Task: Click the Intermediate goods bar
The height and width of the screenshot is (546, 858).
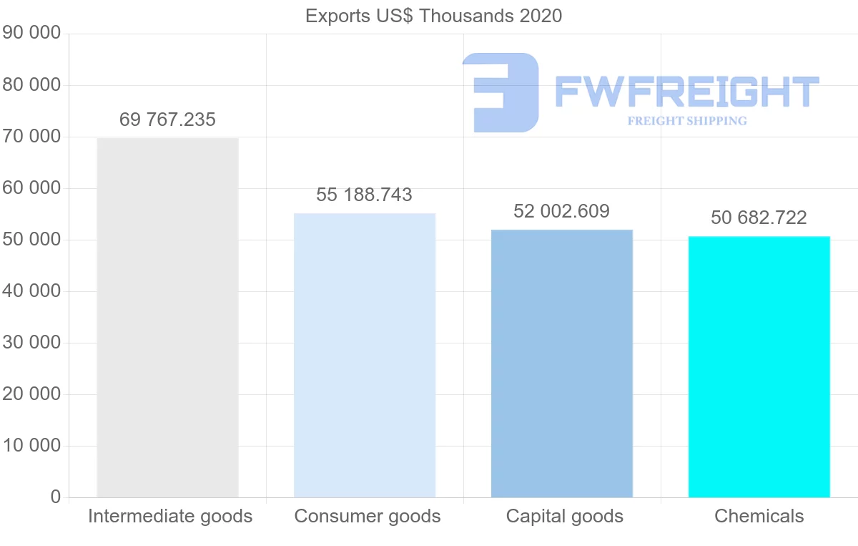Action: click(x=167, y=318)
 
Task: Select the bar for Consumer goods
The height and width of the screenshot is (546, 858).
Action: click(x=365, y=355)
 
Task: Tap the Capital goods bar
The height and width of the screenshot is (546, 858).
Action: click(x=562, y=364)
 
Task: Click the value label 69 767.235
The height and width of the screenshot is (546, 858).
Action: click(x=167, y=120)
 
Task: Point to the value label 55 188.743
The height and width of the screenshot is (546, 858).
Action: click(x=365, y=195)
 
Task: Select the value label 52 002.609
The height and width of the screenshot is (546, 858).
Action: click(x=562, y=211)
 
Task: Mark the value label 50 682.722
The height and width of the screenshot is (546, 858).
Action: click(x=759, y=218)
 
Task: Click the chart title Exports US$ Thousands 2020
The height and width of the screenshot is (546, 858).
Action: click(x=433, y=16)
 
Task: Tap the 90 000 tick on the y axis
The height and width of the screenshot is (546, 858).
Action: click(x=31, y=34)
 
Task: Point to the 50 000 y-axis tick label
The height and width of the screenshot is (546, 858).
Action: click(x=31, y=240)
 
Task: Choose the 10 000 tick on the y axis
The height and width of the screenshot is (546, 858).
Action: click(x=31, y=446)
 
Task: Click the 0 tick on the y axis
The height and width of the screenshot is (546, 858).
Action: click(x=56, y=497)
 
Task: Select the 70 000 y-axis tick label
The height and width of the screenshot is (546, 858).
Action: click(x=31, y=137)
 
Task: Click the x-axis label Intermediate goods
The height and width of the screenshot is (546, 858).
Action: click(x=170, y=516)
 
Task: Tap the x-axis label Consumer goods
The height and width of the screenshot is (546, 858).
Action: click(x=368, y=516)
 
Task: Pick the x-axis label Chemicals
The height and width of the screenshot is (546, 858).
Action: click(x=759, y=516)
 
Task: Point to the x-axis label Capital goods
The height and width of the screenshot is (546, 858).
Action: click(x=565, y=516)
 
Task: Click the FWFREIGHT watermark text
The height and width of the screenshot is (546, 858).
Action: click(x=686, y=92)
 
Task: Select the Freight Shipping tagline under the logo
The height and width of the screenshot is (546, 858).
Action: click(x=687, y=121)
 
